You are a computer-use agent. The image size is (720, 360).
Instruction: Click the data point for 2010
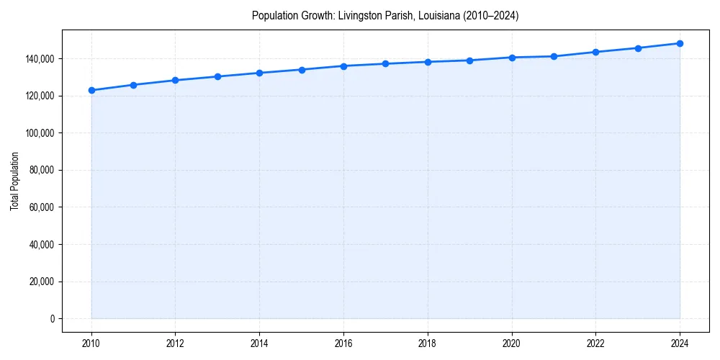coord(91,90)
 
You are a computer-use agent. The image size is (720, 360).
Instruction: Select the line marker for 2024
coord(680,43)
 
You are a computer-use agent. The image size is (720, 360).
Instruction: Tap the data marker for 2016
coord(343,66)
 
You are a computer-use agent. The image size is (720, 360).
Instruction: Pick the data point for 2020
coord(512,58)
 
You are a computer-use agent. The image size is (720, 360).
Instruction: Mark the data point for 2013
coord(217,76)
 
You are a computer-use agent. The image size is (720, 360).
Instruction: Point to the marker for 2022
coord(595,52)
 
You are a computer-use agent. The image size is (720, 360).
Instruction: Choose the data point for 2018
coord(428,62)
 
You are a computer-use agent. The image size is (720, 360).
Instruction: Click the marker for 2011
coord(133,85)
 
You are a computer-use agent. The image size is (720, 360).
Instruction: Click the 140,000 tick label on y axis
coord(40,58)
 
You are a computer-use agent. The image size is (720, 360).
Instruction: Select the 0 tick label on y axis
coord(52,319)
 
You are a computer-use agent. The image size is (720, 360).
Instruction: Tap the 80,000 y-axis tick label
coord(42,170)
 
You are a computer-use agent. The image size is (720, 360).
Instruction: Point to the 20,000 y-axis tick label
coord(42,282)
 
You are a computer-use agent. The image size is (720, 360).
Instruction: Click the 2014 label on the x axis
coord(259,342)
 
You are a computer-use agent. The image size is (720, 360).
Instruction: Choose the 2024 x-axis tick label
coord(680,342)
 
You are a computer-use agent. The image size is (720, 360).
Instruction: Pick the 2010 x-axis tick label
coord(91,342)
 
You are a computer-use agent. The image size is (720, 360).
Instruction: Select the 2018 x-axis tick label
coord(428,342)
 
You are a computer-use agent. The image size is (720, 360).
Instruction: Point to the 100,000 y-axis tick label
coord(40,133)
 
